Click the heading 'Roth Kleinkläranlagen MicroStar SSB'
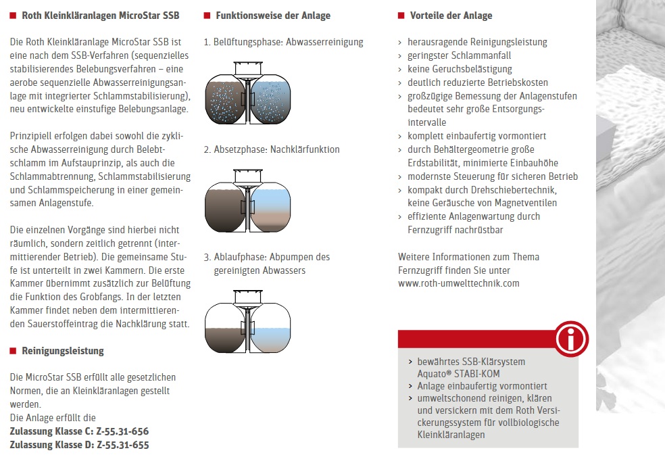pos(101,16)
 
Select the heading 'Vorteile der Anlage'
pos(451,16)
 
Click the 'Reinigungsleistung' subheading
pos(63,351)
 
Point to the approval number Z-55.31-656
pos(123,431)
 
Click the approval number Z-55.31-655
pos(123,445)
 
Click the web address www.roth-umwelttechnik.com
pos(459,283)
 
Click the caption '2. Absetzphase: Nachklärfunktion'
pos(272,149)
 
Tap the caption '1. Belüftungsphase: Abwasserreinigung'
pos(283,42)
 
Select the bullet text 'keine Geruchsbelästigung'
pos(460,69)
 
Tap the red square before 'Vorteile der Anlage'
pos(401,16)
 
